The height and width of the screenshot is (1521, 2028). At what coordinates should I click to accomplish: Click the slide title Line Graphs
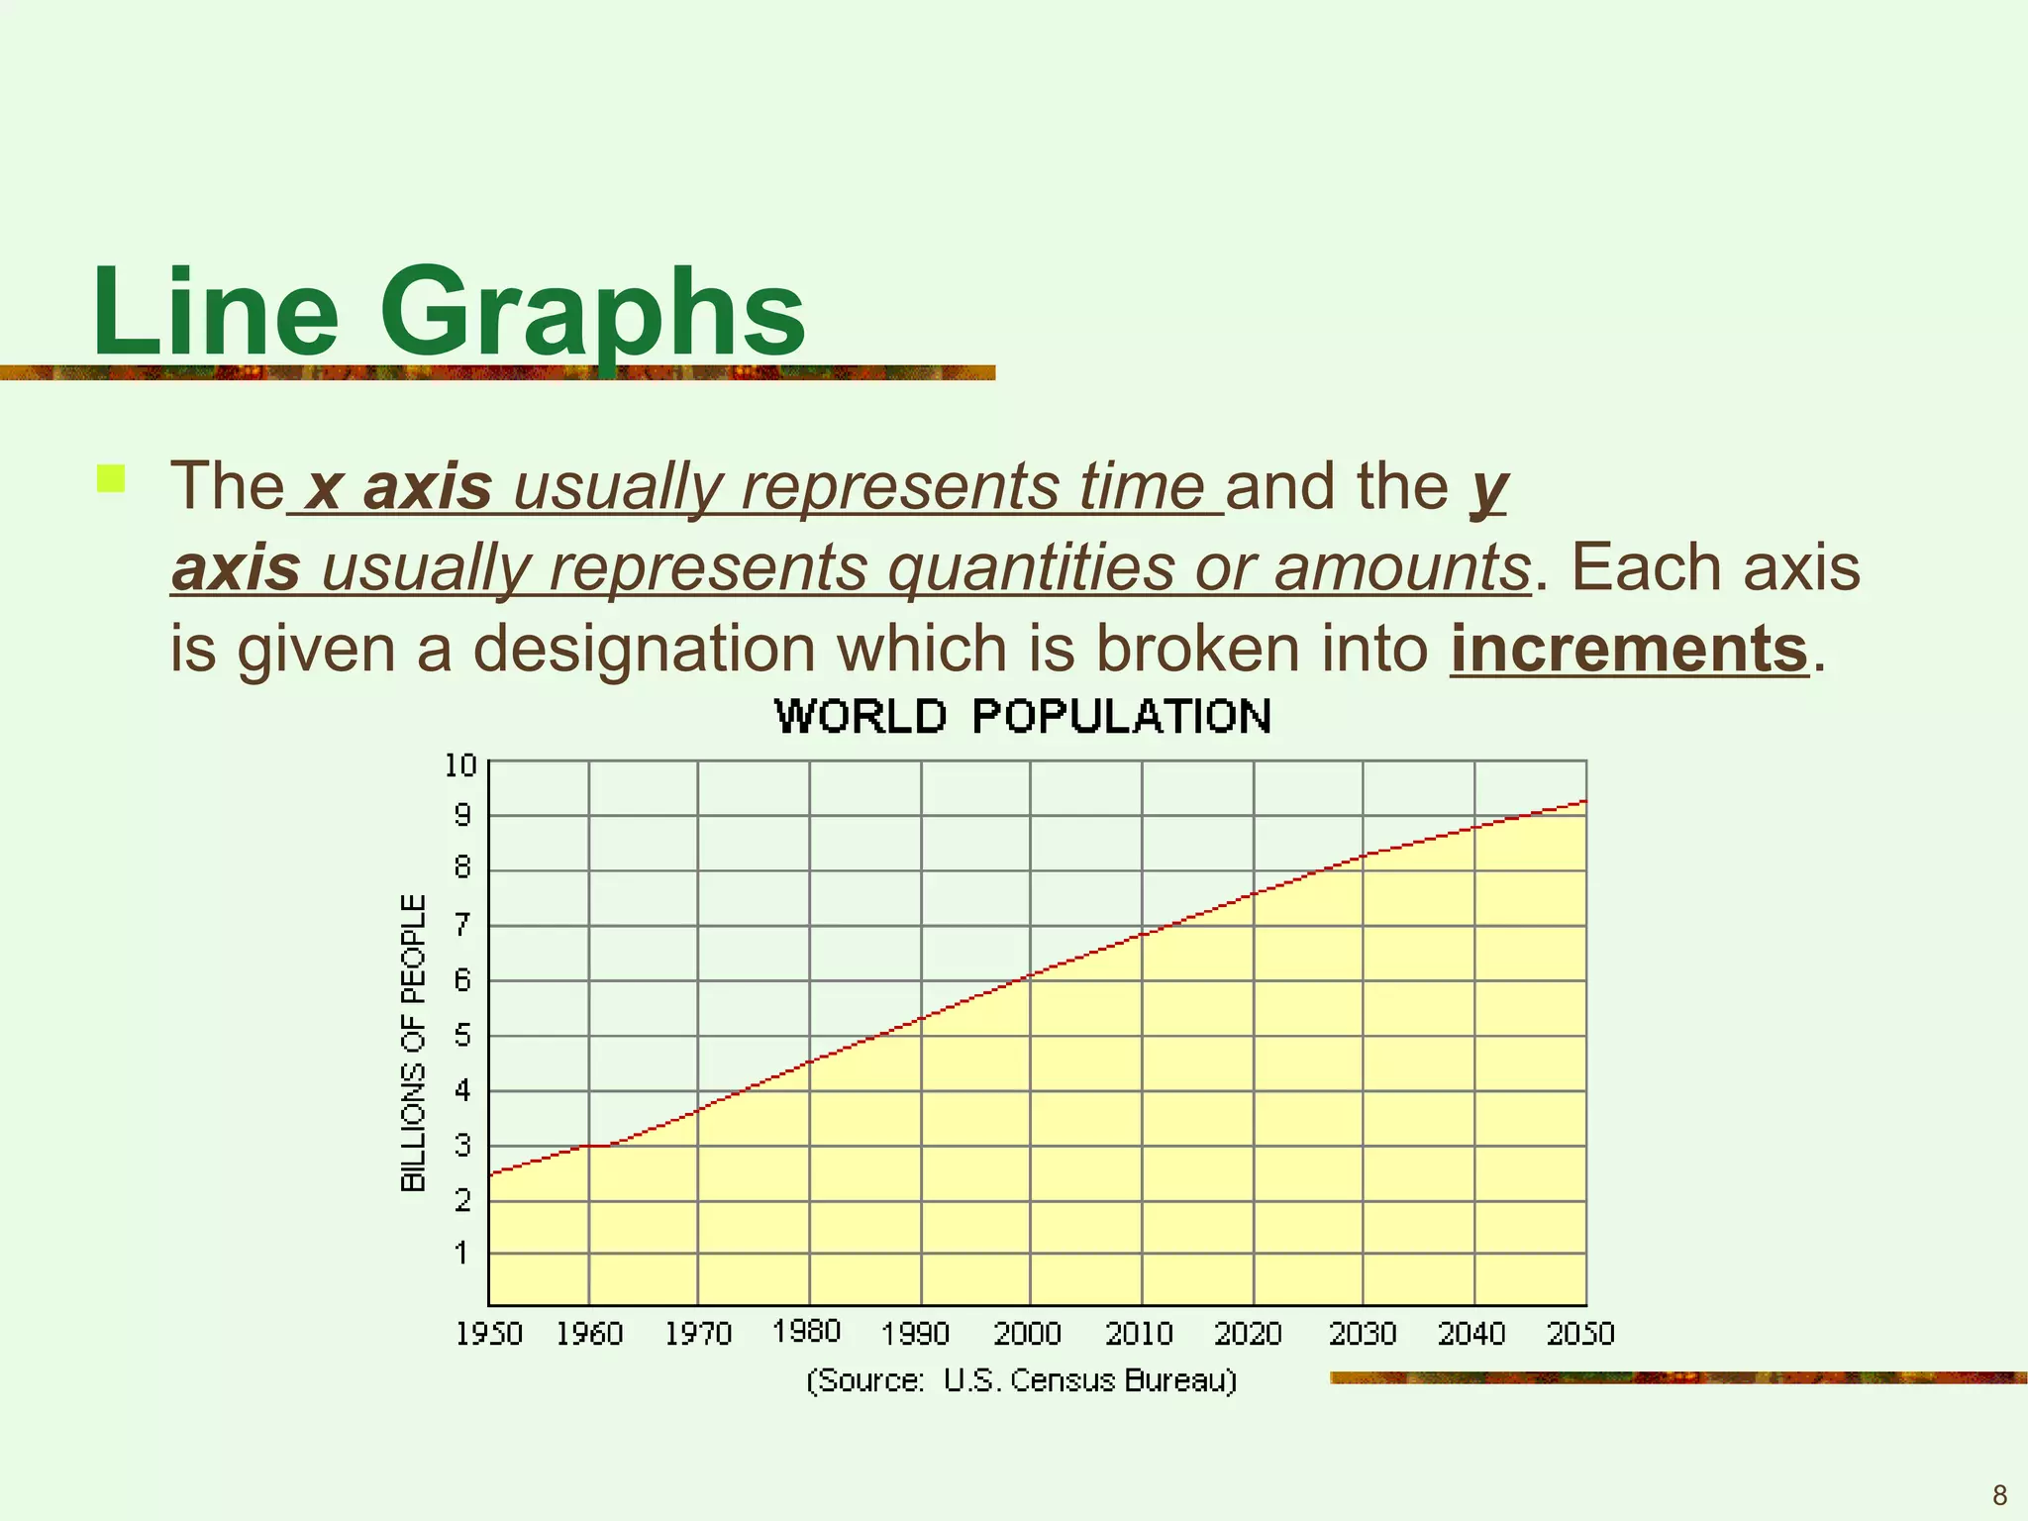(x=449, y=313)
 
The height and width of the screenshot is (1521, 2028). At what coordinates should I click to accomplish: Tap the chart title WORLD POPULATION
(x=1023, y=716)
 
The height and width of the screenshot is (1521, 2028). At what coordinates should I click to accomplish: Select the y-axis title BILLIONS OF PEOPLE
(x=413, y=1043)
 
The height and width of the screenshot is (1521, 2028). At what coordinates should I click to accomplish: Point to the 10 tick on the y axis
(x=460, y=765)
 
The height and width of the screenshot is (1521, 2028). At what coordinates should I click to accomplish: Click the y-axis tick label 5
(x=462, y=1036)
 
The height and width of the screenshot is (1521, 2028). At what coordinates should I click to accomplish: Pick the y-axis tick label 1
(x=461, y=1253)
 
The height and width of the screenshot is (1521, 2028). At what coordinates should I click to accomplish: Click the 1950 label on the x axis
(x=489, y=1334)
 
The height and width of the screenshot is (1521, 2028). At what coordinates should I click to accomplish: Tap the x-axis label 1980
(x=807, y=1331)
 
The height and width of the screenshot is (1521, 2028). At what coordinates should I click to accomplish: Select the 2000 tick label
(x=1027, y=1334)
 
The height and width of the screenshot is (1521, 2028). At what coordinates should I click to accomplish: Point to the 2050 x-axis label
(x=1580, y=1334)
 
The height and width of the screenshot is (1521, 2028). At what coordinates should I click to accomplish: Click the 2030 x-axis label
(x=1363, y=1334)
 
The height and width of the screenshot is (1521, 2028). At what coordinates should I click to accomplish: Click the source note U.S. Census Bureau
(x=1022, y=1380)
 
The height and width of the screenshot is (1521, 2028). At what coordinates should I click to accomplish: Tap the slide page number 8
(x=1999, y=1495)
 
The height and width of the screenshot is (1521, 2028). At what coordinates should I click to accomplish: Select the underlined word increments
(x=1629, y=649)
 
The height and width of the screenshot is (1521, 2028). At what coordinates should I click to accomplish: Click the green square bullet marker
(x=111, y=479)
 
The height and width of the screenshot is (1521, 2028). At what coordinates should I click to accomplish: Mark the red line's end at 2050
(x=1585, y=800)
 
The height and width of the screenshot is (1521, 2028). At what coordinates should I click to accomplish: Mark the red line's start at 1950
(x=491, y=1173)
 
